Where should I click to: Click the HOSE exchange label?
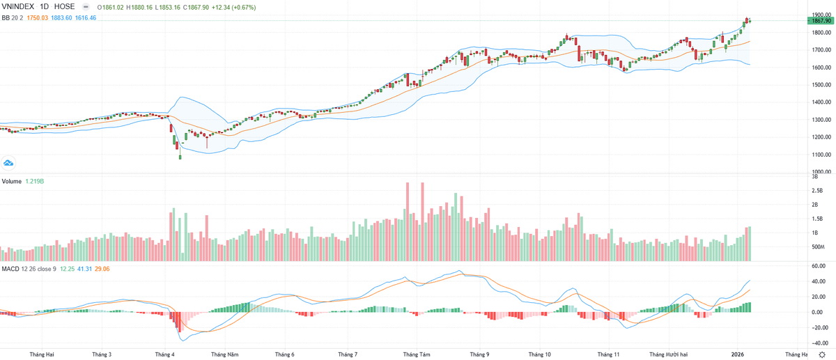65,7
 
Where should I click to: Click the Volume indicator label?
12,181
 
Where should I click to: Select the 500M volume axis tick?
818,247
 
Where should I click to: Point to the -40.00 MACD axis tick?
818,343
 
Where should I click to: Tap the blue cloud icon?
9,163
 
